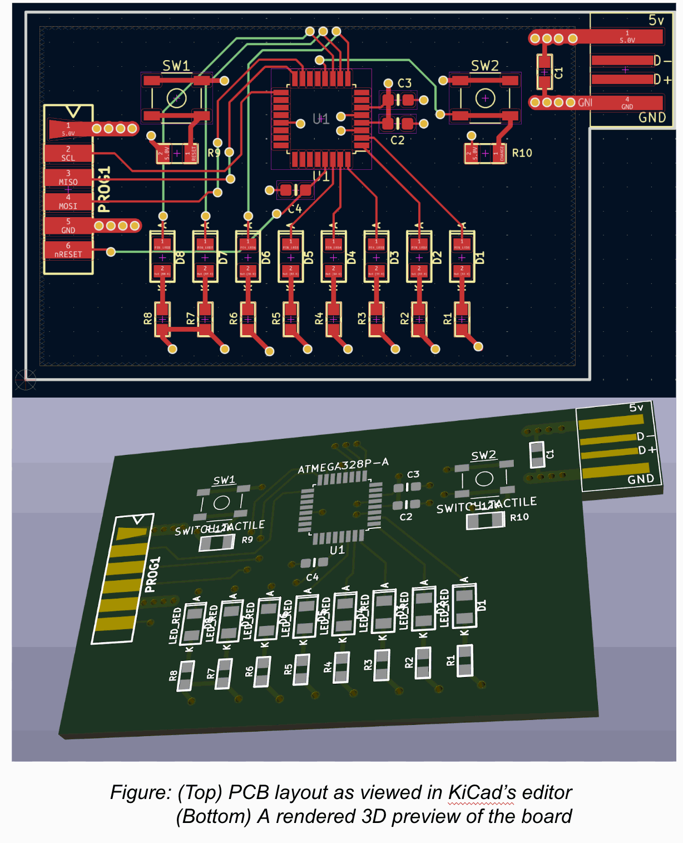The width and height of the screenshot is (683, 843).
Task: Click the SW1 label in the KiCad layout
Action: point(176,66)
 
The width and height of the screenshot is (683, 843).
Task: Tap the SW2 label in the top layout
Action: point(484,66)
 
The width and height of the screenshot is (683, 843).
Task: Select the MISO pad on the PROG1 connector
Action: point(68,178)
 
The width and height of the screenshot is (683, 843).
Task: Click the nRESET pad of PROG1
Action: point(68,250)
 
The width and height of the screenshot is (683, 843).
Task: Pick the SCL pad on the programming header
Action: point(68,154)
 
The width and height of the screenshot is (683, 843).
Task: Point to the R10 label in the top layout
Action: point(522,153)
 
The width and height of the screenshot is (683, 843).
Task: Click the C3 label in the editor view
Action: point(404,83)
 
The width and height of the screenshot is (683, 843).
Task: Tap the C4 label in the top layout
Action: point(295,209)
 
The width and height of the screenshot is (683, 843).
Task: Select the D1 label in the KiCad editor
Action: point(480,258)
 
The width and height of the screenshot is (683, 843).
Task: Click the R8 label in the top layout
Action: point(147,318)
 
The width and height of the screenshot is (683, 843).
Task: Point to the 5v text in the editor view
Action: point(656,21)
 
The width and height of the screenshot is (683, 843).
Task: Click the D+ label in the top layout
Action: point(662,80)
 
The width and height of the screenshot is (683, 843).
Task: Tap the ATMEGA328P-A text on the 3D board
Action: point(343,465)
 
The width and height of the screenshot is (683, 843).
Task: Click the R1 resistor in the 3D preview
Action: point(464,660)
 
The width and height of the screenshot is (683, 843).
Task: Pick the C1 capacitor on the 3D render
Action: point(537,454)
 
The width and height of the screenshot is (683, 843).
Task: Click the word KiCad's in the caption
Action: point(482,792)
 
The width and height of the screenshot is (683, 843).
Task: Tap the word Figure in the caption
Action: point(140,792)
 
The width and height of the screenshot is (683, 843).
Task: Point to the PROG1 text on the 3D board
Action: point(152,574)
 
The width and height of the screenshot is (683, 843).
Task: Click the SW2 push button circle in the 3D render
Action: point(484,478)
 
